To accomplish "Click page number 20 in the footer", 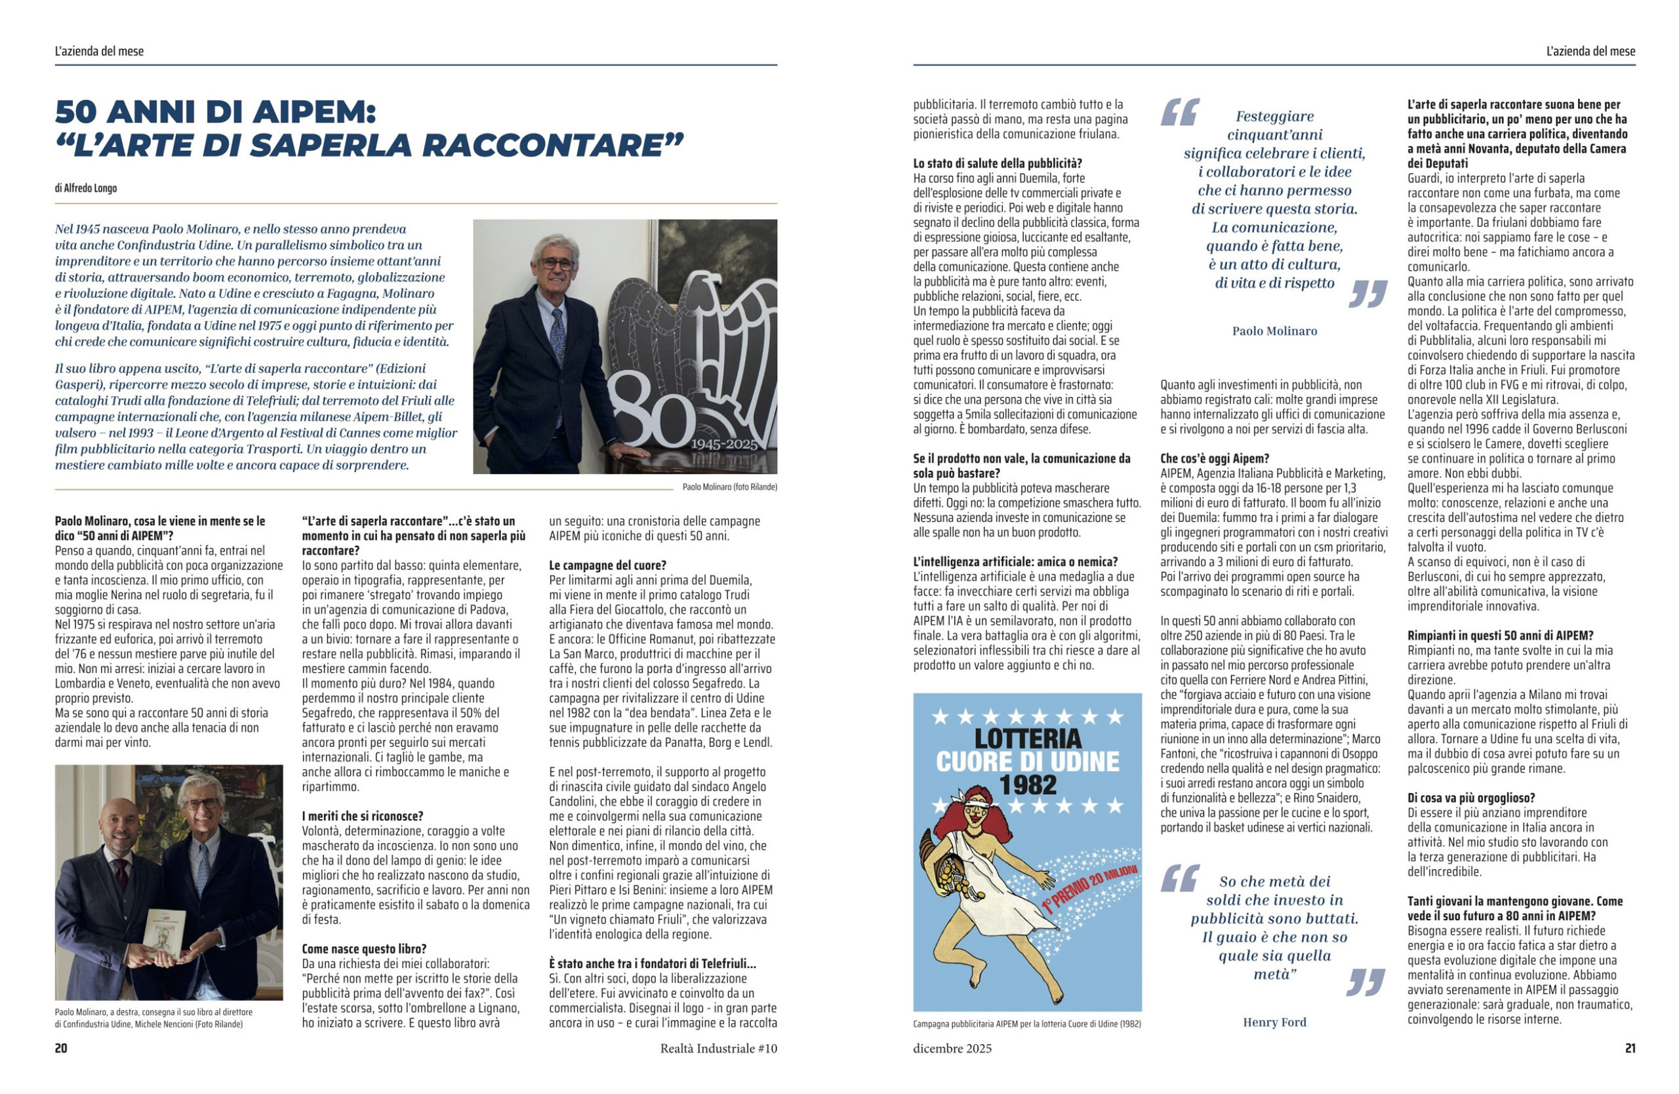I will (62, 1048).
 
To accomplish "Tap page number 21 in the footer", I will (1630, 1048).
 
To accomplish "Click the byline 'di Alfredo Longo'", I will (85, 188).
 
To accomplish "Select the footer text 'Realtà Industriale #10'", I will (718, 1049).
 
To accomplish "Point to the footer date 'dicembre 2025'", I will (952, 1049).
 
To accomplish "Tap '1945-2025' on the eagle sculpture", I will (724, 445).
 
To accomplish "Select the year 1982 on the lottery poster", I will (1028, 785).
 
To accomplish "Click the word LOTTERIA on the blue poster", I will (1027, 739).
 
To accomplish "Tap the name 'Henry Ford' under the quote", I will (1274, 1022).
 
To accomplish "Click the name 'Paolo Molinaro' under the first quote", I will (1274, 331).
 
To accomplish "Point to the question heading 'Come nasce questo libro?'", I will (364, 948).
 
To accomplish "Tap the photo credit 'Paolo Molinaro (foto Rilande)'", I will (729, 487).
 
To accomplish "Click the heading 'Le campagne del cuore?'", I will (607, 565).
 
